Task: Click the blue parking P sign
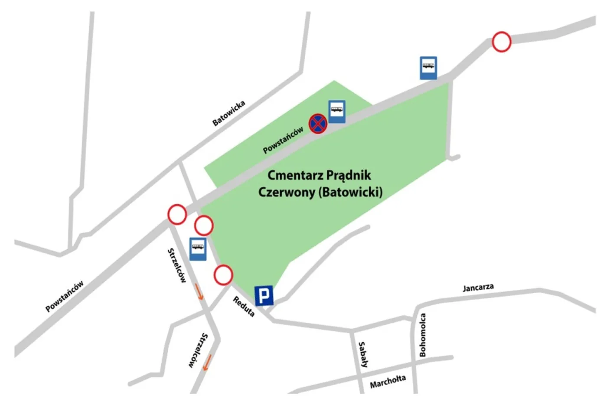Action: pyautogui.click(x=264, y=295)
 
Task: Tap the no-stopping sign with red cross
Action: pyautogui.click(x=317, y=124)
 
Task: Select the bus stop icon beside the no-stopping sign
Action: pyautogui.click(x=337, y=111)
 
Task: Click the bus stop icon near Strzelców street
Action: pyautogui.click(x=198, y=249)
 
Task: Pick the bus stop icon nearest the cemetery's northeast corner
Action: pyautogui.click(x=428, y=68)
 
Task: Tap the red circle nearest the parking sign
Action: pyautogui.click(x=223, y=275)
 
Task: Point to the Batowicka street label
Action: pyautogui.click(x=229, y=113)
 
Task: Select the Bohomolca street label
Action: pyautogui.click(x=423, y=335)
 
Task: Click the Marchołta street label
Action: pyautogui.click(x=388, y=382)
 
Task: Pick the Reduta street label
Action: pyautogui.click(x=244, y=307)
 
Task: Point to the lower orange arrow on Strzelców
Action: pyautogui.click(x=208, y=363)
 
